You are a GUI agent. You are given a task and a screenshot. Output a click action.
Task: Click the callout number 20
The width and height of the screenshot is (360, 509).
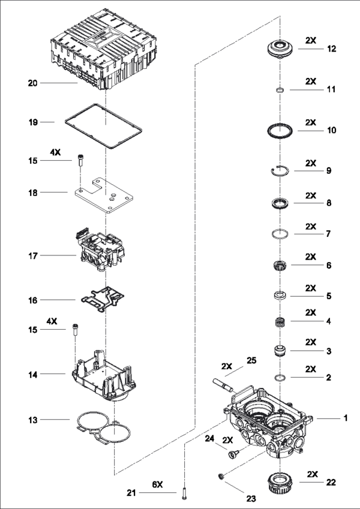tap(33, 83)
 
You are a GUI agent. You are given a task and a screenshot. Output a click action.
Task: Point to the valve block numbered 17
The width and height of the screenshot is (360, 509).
tap(100, 252)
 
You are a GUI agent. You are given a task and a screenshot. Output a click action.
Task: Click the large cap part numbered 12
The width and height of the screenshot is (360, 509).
tap(280, 49)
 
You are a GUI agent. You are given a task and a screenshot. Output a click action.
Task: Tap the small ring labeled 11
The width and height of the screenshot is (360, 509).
tap(280, 89)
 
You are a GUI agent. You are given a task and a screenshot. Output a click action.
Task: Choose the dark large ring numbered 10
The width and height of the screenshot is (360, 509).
tap(268, 131)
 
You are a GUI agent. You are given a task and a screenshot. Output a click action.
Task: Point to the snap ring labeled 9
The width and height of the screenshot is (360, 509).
tap(272, 170)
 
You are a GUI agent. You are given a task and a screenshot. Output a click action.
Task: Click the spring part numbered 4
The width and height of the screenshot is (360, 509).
tap(280, 322)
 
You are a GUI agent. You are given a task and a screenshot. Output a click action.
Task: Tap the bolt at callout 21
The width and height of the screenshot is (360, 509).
tap(185, 492)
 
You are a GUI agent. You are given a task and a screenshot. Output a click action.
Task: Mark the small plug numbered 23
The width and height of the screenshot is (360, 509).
tap(221, 476)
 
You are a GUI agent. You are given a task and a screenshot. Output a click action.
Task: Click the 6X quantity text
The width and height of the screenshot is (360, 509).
tap(157, 484)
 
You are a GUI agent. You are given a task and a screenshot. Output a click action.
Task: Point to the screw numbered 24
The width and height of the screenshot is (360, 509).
tap(233, 453)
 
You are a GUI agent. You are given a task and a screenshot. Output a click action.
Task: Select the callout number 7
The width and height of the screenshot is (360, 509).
tap(328, 234)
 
